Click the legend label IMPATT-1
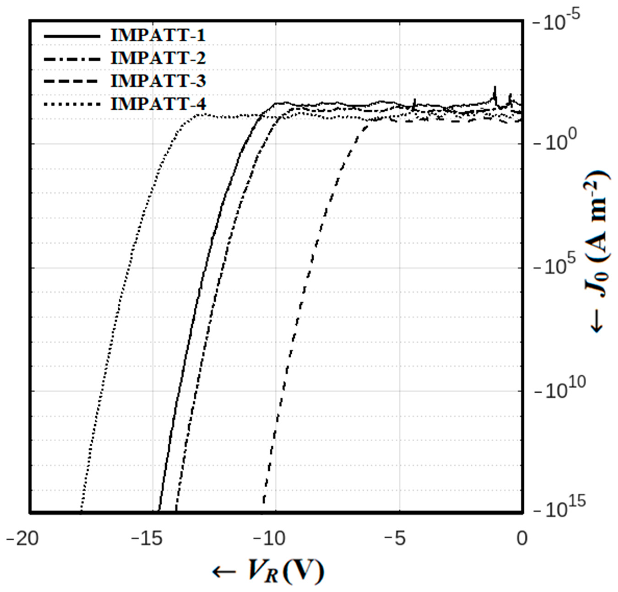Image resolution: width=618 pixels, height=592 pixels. (158, 35)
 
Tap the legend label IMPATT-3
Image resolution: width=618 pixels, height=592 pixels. (158, 81)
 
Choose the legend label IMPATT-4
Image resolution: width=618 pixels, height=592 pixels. (158, 104)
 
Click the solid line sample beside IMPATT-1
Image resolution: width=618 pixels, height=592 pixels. (72, 36)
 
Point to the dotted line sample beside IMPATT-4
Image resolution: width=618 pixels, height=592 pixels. (72, 104)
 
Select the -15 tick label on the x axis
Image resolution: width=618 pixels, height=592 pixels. (147, 539)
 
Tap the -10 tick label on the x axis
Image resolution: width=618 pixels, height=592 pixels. (271, 539)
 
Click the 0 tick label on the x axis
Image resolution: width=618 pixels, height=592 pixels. (522, 539)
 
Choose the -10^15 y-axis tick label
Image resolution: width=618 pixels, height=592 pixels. (560, 510)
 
